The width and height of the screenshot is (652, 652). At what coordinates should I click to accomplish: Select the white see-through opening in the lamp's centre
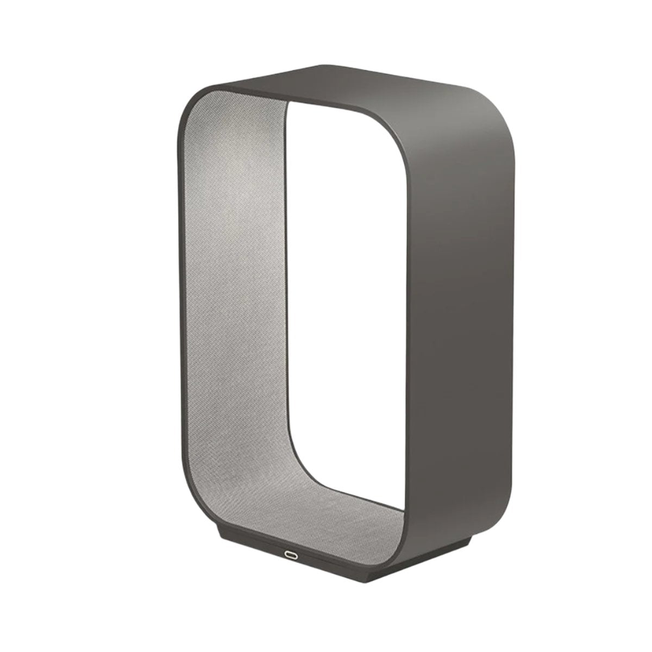348,272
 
